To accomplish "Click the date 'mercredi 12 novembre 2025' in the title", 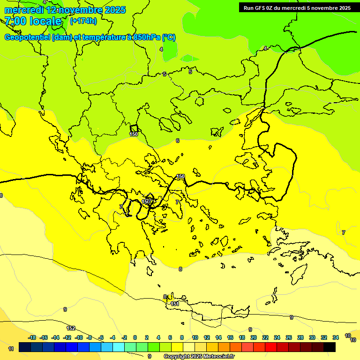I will [x=65, y=10].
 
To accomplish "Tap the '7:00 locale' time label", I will [x=33, y=21].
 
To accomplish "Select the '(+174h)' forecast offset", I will [x=83, y=21].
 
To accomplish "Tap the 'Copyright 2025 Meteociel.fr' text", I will [x=199, y=356].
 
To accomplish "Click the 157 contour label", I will [x=147, y=202].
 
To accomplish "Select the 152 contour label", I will [x=71, y=328].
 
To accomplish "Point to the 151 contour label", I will [x=175, y=304].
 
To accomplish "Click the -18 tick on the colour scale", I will [x=32, y=337].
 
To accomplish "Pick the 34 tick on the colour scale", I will [x=336, y=337].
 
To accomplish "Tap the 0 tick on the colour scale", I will [x=135, y=337].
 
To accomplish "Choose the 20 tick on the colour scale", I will [x=254, y=337].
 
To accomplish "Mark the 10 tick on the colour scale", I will [x=195, y=337].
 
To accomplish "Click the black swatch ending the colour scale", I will [x=330, y=347].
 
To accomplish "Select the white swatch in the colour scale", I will [x=188, y=347].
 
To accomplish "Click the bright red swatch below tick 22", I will [x=271, y=347].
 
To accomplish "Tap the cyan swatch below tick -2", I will [x=119, y=347].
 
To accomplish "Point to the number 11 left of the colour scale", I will [x=11, y=349].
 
